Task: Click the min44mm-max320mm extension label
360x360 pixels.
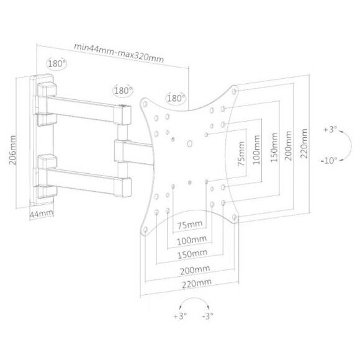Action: (119, 53)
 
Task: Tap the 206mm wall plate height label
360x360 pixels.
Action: (13, 150)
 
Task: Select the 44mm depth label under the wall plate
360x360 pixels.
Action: (42, 214)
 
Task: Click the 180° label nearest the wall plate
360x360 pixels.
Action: (56, 63)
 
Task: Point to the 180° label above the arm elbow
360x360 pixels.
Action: (124, 91)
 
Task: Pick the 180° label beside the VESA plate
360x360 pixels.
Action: (176, 98)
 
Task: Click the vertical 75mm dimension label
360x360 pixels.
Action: (241, 154)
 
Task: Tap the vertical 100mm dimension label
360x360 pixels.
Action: (256, 150)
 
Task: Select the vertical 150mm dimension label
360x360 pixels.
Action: (274, 148)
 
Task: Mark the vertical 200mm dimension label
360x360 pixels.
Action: (288, 146)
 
